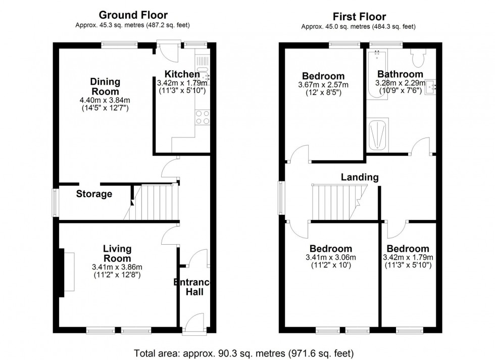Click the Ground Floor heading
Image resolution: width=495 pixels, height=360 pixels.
[x=133, y=15]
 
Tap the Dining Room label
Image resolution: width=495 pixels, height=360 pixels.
[x=105, y=86]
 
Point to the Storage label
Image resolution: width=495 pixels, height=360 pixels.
[x=94, y=194]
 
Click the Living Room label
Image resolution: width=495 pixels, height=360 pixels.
[x=117, y=253]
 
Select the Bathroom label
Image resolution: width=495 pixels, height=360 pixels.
[x=400, y=74]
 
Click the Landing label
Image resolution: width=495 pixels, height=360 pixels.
[x=360, y=177]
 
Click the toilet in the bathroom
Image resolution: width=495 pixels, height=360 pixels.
[x=418, y=59]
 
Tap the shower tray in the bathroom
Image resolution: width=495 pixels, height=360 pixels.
[x=378, y=136]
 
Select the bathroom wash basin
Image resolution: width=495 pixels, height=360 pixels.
[x=431, y=87]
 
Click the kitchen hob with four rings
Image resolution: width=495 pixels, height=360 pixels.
[x=203, y=118]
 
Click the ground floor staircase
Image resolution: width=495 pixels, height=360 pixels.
[x=154, y=202]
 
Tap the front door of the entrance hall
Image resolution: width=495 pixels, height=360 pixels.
[x=194, y=322]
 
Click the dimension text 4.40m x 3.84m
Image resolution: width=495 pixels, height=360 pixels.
[x=105, y=100]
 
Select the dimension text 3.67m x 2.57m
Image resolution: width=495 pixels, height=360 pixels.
[x=323, y=85]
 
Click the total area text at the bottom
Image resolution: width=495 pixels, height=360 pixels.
[x=244, y=352]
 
